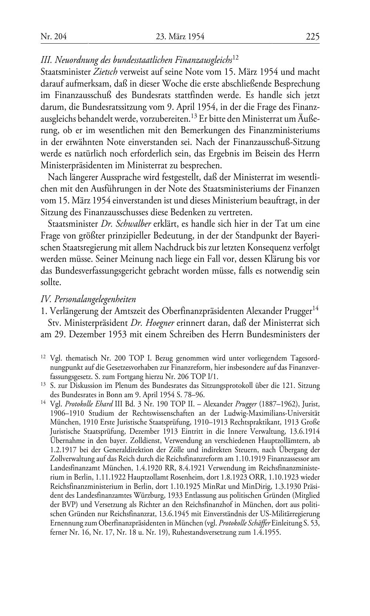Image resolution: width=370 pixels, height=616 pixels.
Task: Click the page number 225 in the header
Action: click(x=312, y=37)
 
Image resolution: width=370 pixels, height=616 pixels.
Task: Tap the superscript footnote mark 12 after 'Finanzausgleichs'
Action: click(x=236, y=57)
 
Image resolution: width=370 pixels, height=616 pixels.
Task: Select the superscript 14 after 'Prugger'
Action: click(x=316, y=307)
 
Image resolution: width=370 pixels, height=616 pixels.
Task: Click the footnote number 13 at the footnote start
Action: click(x=43, y=385)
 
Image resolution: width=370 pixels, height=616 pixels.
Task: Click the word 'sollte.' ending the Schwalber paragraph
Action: click(x=50, y=283)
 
